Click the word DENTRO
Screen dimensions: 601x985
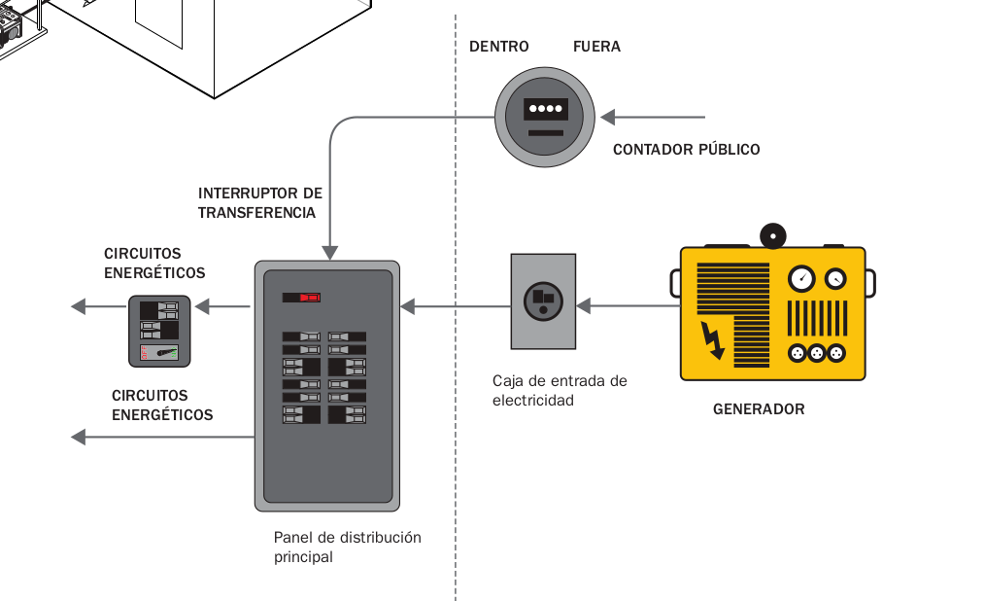pyautogui.click(x=498, y=47)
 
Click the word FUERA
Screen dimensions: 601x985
pyautogui.click(x=596, y=47)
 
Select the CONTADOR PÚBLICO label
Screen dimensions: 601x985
pyautogui.click(x=686, y=150)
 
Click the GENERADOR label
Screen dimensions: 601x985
pyautogui.click(x=759, y=409)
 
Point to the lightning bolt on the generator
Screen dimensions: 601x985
pyautogui.click(x=713, y=339)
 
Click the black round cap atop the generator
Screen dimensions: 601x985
pyautogui.click(x=773, y=234)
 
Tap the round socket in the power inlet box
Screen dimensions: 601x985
pyautogui.click(x=543, y=300)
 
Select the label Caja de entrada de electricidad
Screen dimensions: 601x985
pyautogui.click(x=559, y=390)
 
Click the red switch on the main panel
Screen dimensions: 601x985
pyautogui.click(x=309, y=297)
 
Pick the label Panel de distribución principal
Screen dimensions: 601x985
pyautogui.click(x=347, y=547)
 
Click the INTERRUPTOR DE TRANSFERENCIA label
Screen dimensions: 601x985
pyautogui.click(x=259, y=202)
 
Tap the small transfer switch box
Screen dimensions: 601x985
pyautogui.click(x=160, y=331)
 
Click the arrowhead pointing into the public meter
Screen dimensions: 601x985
pyautogui.click(x=607, y=118)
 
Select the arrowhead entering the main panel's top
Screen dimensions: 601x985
pyautogui.click(x=330, y=252)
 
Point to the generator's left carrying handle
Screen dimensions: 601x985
pyautogui.click(x=674, y=283)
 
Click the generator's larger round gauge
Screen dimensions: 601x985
pyautogui.click(x=801, y=279)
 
